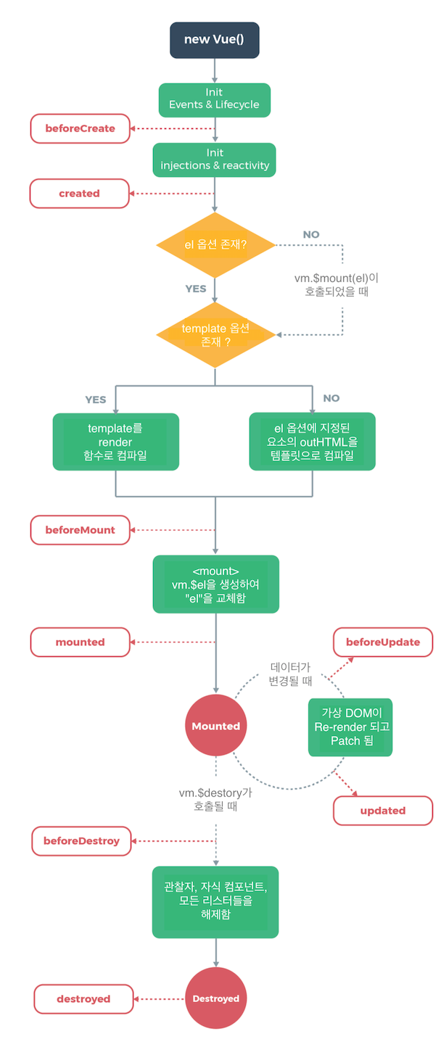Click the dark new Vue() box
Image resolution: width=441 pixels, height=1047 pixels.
click(x=214, y=40)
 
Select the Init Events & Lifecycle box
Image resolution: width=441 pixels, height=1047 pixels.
click(x=214, y=100)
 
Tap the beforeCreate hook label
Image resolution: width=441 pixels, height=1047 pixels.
click(x=80, y=128)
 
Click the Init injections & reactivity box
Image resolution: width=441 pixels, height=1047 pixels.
click(x=214, y=160)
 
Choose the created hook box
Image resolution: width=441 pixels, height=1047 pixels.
click(x=80, y=194)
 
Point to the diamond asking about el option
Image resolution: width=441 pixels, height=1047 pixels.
click(x=215, y=245)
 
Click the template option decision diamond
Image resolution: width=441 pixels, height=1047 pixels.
click(x=215, y=335)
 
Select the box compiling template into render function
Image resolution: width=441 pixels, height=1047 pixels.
click(x=115, y=442)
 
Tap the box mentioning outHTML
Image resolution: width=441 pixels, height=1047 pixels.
click(x=312, y=442)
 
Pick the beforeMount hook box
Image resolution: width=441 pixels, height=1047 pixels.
click(x=80, y=530)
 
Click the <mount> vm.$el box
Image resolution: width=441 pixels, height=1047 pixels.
click(x=215, y=584)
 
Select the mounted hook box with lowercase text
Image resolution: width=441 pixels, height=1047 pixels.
click(x=80, y=642)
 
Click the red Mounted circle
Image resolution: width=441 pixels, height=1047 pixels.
click(x=215, y=725)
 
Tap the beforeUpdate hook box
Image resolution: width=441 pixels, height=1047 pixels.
click(x=382, y=642)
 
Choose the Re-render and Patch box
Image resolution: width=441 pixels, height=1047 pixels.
click(x=350, y=727)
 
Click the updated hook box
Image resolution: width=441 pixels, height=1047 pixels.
click(x=382, y=811)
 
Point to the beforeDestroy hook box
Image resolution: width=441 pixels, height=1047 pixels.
click(x=81, y=841)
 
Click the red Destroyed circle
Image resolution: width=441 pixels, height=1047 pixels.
click(x=215, y=998)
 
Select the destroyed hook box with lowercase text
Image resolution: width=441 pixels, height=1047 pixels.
click(x=83, y=999)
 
